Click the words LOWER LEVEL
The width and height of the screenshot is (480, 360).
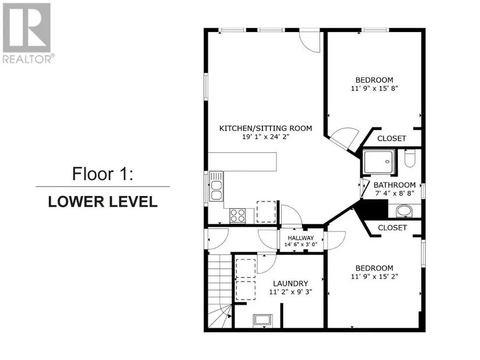click(103, 202)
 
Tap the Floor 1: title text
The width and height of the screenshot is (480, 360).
click(103, 173)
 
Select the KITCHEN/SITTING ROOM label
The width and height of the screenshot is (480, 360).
click(266, 129)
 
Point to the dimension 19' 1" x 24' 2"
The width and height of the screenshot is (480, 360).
click(266, 137)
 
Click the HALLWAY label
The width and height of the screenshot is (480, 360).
click(301, 238)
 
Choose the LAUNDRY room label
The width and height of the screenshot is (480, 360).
click(290, 283)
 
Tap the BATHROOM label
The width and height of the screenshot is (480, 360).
click(394, 185)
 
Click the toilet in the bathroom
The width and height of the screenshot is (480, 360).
click(410, 158)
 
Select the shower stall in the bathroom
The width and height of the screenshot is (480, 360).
click(379, 162)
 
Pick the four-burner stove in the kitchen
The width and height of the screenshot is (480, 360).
click(237, 216)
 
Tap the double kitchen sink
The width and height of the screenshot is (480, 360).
click(216, 190)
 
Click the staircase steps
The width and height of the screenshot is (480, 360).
click(220, 290)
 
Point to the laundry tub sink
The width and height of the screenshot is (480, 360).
click(262, 320)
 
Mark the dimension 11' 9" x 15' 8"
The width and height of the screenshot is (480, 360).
click(374, 88)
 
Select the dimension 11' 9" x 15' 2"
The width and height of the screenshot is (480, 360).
click(374, 276)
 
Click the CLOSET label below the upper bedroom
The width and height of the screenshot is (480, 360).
click(392, 138)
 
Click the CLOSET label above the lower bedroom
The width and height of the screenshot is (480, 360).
click(392, 228)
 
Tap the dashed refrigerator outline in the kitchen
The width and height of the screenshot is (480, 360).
click(266, 212)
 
